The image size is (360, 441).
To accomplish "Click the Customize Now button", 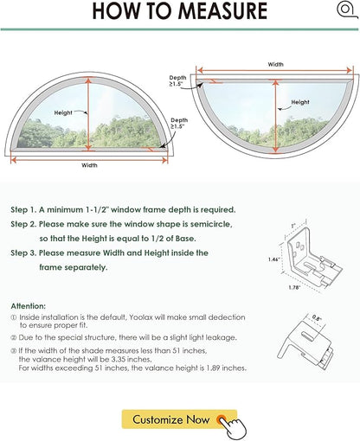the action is (179, 419).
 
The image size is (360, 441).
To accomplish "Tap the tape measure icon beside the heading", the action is (346, 10).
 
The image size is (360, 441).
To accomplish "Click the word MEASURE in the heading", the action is (222, 11).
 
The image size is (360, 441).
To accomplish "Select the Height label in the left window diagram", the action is (63, 112).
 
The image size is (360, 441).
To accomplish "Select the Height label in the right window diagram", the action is (300, 102).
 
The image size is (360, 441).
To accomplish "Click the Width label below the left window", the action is (89, 165).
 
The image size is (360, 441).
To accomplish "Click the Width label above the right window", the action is (275, 64).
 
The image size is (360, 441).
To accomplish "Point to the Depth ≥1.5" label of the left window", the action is (179, 123).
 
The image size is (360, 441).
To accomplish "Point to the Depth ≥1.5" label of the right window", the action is (177, 80).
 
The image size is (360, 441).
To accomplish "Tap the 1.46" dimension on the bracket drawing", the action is (273, 259).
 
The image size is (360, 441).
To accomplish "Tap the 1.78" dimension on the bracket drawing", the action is (294, 287).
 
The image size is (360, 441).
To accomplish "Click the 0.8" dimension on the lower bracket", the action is (317, 318).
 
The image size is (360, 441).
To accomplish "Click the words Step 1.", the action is (23, 210).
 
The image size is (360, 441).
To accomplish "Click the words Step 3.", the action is (23, 253).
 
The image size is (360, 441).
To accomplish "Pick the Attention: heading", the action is (29, 306).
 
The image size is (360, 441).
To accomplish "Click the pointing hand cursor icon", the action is (233, 426).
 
